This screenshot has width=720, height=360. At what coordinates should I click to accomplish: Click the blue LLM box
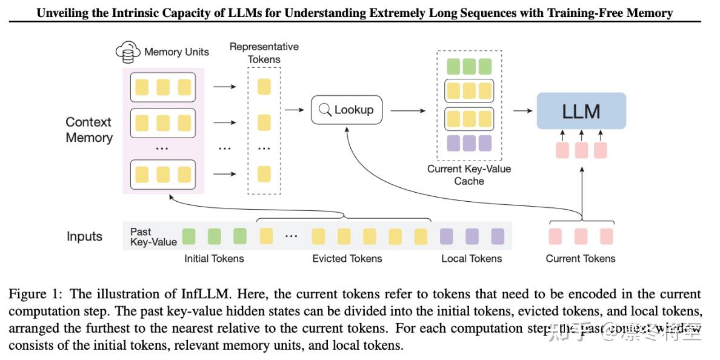581,111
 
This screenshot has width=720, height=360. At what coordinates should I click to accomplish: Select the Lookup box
347,110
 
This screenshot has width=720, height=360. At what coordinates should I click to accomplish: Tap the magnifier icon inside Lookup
325,110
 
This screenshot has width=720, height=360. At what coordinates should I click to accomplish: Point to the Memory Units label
176,52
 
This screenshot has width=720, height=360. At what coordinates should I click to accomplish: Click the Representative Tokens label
264,53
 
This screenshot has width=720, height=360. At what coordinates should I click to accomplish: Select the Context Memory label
89,130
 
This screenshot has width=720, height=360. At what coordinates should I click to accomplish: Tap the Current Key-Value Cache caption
468,175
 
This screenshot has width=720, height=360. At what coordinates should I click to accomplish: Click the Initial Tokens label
214,259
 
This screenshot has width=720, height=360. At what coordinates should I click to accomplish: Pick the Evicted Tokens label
347,259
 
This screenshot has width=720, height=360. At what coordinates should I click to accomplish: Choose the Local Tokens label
472,259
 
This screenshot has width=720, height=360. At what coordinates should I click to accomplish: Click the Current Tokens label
580,259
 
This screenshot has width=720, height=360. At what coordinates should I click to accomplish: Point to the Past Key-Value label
153,237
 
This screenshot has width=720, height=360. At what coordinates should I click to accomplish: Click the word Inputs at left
84,237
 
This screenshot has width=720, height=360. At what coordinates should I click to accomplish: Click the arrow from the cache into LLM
522,110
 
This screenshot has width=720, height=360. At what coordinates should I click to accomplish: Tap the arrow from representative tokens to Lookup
295,110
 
